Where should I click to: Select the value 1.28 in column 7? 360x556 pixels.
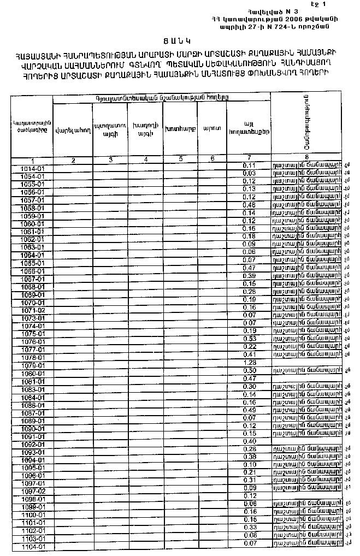250,362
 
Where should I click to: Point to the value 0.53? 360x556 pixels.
250,339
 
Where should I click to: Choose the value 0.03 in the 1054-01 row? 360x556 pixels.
250,173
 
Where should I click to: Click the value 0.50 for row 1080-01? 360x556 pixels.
250,370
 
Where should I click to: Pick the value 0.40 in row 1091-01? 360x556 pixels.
250,441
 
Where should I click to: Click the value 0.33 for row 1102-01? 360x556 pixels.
250,527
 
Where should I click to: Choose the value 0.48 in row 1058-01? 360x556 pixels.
250,204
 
